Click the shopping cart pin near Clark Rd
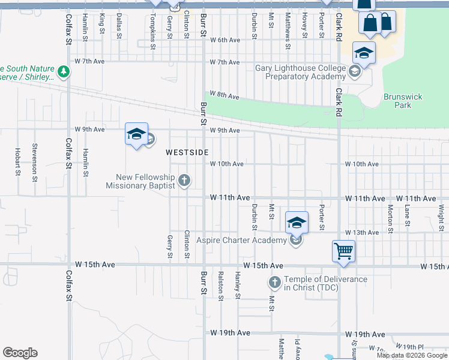click(x=343, y=251)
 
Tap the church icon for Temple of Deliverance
click(x=274, y=281)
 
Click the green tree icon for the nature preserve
click(x=64, y=73)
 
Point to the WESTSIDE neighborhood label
click(x=187, y=152)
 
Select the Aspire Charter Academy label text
click(x=247, y=240)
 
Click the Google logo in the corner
click(x=20, y=353)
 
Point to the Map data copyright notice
click(x=412, y=355)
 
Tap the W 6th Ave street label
click(x=225, y=40)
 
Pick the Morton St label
click(x=391, y=218)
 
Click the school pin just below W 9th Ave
click(x=136, y=134)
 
